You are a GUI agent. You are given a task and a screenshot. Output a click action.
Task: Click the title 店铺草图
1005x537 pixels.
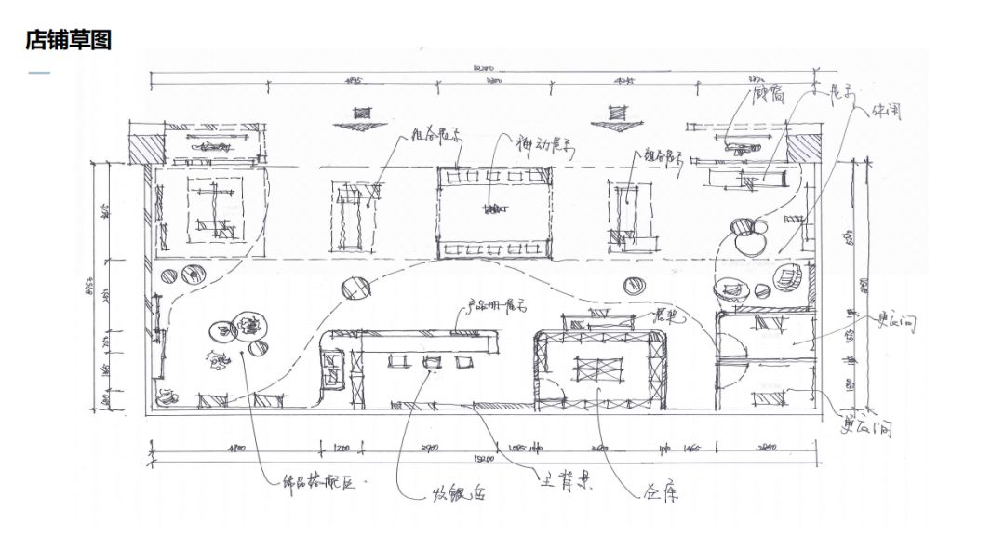coord(69,40)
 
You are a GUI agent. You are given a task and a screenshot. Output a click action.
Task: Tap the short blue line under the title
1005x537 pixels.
coord(39,73)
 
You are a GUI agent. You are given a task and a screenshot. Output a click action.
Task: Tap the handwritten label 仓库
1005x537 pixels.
coord(660,492)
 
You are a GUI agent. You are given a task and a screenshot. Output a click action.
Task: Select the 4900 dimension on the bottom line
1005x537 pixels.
coord(235,450)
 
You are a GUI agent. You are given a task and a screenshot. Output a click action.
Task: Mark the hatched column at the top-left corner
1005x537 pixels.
coord(146,149)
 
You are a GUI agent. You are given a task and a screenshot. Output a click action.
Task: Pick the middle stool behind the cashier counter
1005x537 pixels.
coord(431,361)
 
